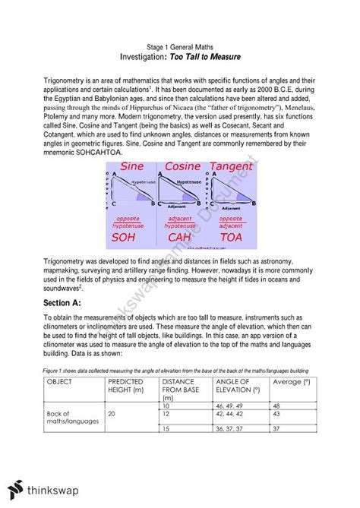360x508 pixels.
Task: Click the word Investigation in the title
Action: pos(149,57)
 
